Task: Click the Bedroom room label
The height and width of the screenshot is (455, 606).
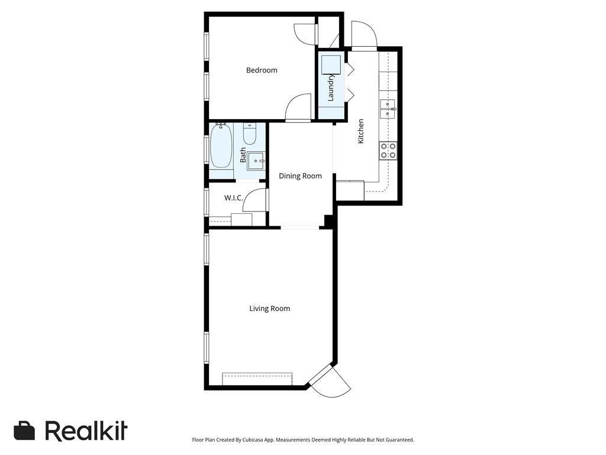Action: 262,71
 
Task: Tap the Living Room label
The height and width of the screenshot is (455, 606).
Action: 269,309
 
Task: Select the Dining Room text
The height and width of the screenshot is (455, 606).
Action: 300,176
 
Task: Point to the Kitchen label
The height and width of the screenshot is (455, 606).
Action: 360,132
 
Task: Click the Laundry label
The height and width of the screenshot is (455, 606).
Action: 331,87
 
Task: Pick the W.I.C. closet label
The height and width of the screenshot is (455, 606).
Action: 233,198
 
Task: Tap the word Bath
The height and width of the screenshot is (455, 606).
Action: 243,156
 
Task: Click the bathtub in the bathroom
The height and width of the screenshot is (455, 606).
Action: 221,146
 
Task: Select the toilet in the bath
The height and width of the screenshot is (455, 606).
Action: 249,134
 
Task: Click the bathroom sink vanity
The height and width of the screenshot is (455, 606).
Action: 256,160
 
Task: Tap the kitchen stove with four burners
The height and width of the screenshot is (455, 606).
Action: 388,150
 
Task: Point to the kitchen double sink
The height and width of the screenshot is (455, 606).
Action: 388,109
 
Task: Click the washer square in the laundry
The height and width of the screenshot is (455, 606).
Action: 331,64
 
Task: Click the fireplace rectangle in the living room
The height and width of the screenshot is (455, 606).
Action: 257,379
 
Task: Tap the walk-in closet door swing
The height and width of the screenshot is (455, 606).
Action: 256,200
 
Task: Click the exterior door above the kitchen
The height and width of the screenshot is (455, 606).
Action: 363,36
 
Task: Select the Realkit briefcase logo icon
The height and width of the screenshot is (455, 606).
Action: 24,431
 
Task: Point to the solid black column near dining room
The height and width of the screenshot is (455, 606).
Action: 329,221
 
